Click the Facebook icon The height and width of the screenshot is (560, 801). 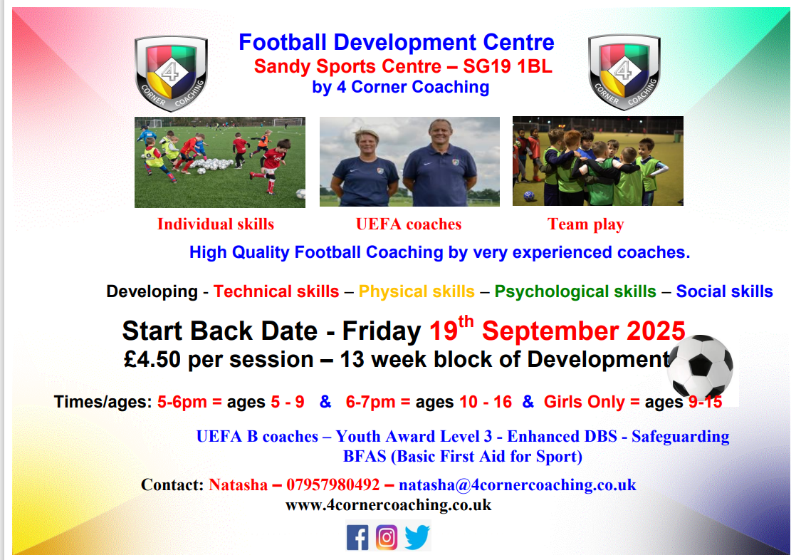click(357, 537)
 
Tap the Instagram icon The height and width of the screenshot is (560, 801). click(387, 537)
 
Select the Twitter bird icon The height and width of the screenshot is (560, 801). click(417, 537)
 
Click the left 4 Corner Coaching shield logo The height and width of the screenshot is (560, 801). click(171, 73)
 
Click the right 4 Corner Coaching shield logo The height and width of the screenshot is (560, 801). click(624, 72)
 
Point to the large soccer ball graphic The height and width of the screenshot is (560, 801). click(700, 366)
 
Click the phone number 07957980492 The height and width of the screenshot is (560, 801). click(333, 484)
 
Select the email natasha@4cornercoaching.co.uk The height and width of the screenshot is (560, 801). click(518, 485)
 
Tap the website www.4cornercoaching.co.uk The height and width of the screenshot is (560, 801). click(388, 505)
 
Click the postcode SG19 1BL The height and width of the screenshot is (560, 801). click(508, 66)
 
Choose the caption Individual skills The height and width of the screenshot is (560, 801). click(216, 224)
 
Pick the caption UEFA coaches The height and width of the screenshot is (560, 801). click(409, 224)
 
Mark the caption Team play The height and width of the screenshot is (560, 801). click(586, 224)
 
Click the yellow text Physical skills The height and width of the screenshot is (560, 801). click(417, 291)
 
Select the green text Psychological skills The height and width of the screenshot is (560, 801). click(575, 291)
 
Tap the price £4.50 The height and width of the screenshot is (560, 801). click(152, 359)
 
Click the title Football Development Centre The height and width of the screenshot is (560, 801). click(397, 42)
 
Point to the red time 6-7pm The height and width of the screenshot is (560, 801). click(370, 402)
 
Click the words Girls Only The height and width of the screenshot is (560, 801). click(584, 402)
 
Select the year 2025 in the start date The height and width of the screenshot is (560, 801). click(656, 331)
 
